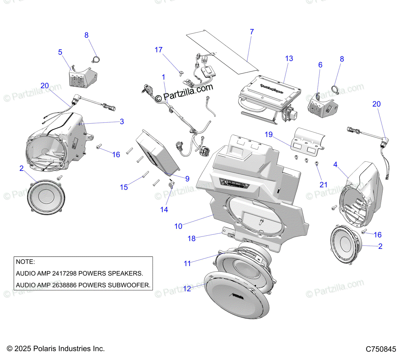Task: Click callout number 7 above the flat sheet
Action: (252, 32)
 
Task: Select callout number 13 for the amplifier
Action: (289, 58)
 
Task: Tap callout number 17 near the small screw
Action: (159, 50)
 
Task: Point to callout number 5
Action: (60, 52)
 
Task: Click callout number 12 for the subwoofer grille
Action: (187, 288)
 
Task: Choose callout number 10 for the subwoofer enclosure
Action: (178, 226)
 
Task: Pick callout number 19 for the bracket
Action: (269, 134)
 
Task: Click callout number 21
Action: (323, 184)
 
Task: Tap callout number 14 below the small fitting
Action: (164, 210)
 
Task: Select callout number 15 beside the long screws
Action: (124, 187)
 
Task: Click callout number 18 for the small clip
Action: (191, 238)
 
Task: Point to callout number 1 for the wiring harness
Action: (164, 77)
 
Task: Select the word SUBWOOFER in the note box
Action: (129, 285)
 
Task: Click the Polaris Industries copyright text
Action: (56, 349)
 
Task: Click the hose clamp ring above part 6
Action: (335, 89)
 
